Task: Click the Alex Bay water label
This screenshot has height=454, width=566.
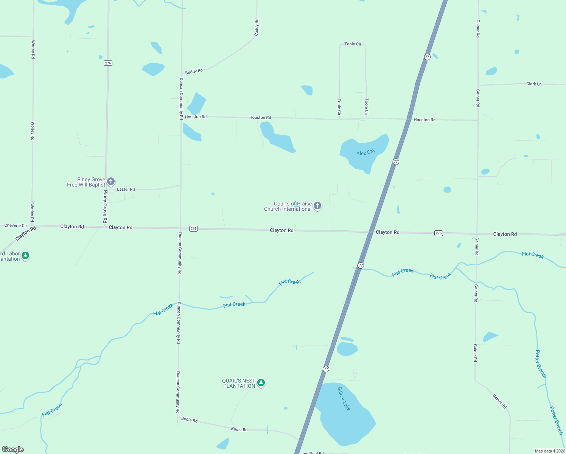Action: click(x=365, y=152)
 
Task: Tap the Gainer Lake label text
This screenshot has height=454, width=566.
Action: click(x=344, y=398)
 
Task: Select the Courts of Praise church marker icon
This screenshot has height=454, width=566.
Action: click(x=317, y=206)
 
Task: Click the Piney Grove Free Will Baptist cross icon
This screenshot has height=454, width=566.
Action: click(x=111, y=182)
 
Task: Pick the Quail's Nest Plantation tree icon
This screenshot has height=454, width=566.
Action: click(x=261, y=383)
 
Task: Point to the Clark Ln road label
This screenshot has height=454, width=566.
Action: click(x=534, y=84)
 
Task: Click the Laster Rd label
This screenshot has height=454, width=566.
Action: click(x=126, y=189)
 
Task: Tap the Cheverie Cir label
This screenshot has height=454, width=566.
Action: click(x=16, y=225)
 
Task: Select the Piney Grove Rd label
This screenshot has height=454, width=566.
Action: click(x=105, y=207)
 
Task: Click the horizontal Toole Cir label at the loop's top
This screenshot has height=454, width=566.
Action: click(x=353, y=44)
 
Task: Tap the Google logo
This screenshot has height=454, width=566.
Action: click(x=13, y=449)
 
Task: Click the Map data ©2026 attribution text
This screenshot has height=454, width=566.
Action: click(x=549, y=451)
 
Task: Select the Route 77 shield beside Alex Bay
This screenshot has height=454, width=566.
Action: click(x=396, y=162)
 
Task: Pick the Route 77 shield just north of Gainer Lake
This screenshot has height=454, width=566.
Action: click(x=326, y=369)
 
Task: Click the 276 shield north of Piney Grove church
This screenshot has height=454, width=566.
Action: click(x=108, y=63)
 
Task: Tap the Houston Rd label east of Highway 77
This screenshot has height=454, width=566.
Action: click(x=424, y=120)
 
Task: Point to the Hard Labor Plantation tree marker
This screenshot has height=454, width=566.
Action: click(x=25, y=256)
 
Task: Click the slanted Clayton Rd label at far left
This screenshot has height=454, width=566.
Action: click(x=25, y=233)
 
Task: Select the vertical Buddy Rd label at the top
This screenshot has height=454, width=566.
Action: click(x=256, y=27)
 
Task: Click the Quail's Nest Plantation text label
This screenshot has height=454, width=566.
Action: click(x=239, y=383)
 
